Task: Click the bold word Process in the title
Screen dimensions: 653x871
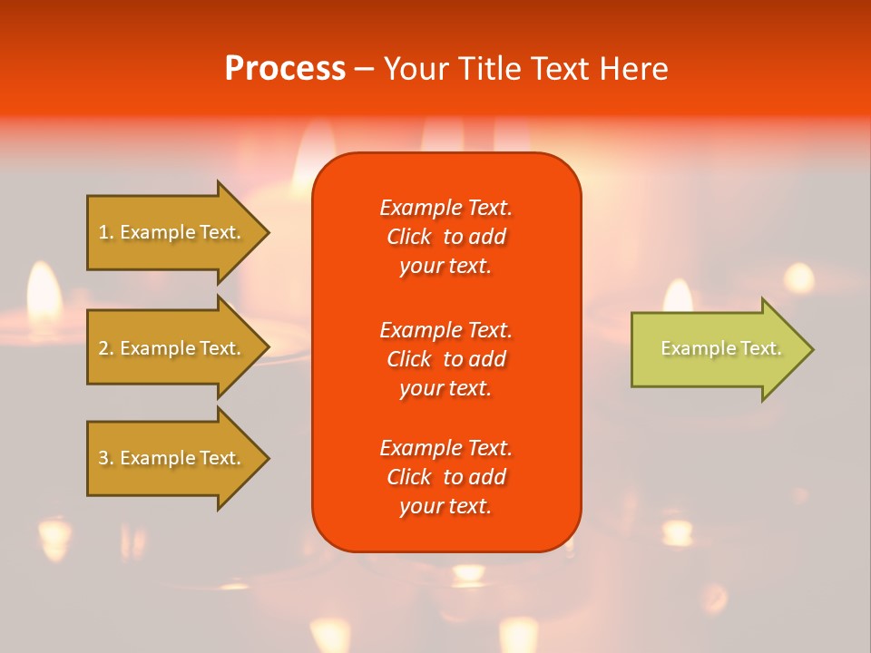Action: tap(285, 69)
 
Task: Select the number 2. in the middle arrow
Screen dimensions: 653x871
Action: tap(106, 348)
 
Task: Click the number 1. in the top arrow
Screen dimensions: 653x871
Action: tap(106, 232)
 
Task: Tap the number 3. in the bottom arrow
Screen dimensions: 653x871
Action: tap(106, 458)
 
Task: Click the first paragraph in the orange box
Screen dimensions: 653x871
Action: tap(445, 237)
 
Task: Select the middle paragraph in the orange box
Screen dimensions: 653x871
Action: tap(445, 359)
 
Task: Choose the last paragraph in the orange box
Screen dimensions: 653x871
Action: tap(445, 477)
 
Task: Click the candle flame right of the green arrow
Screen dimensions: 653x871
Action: tap(798, 277)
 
